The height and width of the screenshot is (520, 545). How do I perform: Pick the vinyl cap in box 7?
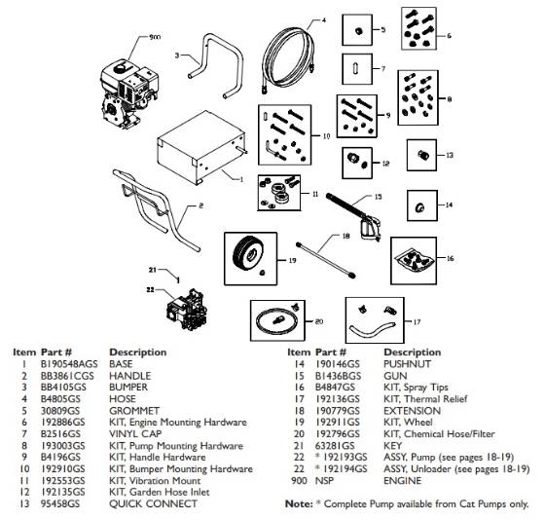click(x=357, y=70)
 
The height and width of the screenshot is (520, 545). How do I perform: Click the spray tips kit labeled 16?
click(x=419, y=257)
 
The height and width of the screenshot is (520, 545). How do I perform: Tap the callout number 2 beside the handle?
click(x=201, y=206)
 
